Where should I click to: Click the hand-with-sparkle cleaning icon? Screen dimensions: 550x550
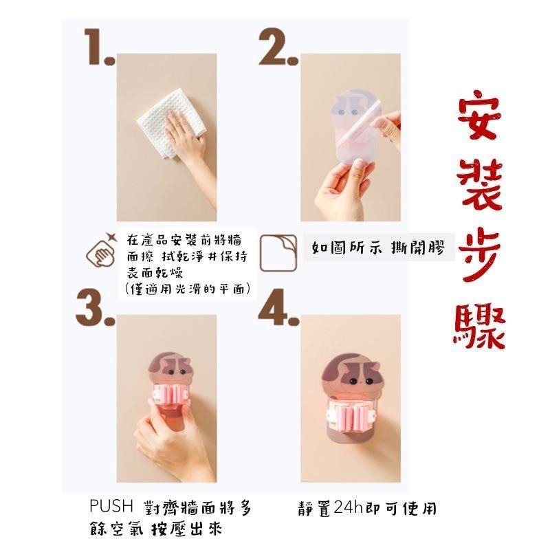point(101,250)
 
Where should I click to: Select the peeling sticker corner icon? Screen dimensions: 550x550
point(278,253)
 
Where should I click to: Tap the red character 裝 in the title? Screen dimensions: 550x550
point(479,185)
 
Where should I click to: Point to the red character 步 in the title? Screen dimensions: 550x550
point(479,254)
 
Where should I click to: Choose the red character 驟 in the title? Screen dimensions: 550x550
point(479,326)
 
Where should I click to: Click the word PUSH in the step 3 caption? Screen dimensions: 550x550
point(111,506)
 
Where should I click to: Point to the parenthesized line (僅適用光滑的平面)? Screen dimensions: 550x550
point(188,289)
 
